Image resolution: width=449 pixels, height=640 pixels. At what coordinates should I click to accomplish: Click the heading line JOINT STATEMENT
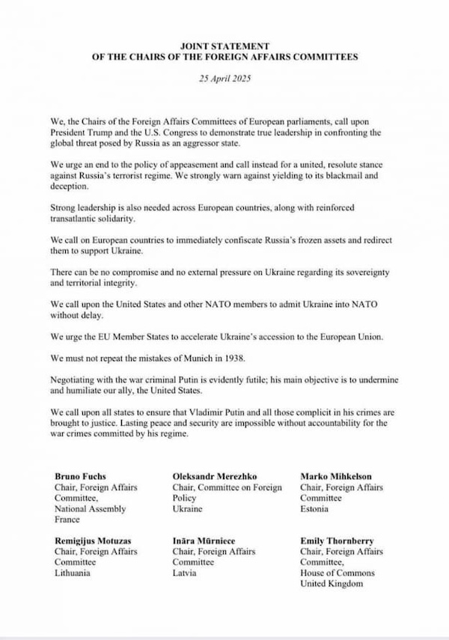click(225, 46)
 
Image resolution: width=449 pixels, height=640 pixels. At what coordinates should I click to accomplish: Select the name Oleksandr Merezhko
click(216, 476)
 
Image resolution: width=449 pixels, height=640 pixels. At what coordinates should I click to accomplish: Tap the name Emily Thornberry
click(337, 540)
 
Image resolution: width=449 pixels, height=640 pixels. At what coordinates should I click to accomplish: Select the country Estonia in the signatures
click(315, 509)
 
